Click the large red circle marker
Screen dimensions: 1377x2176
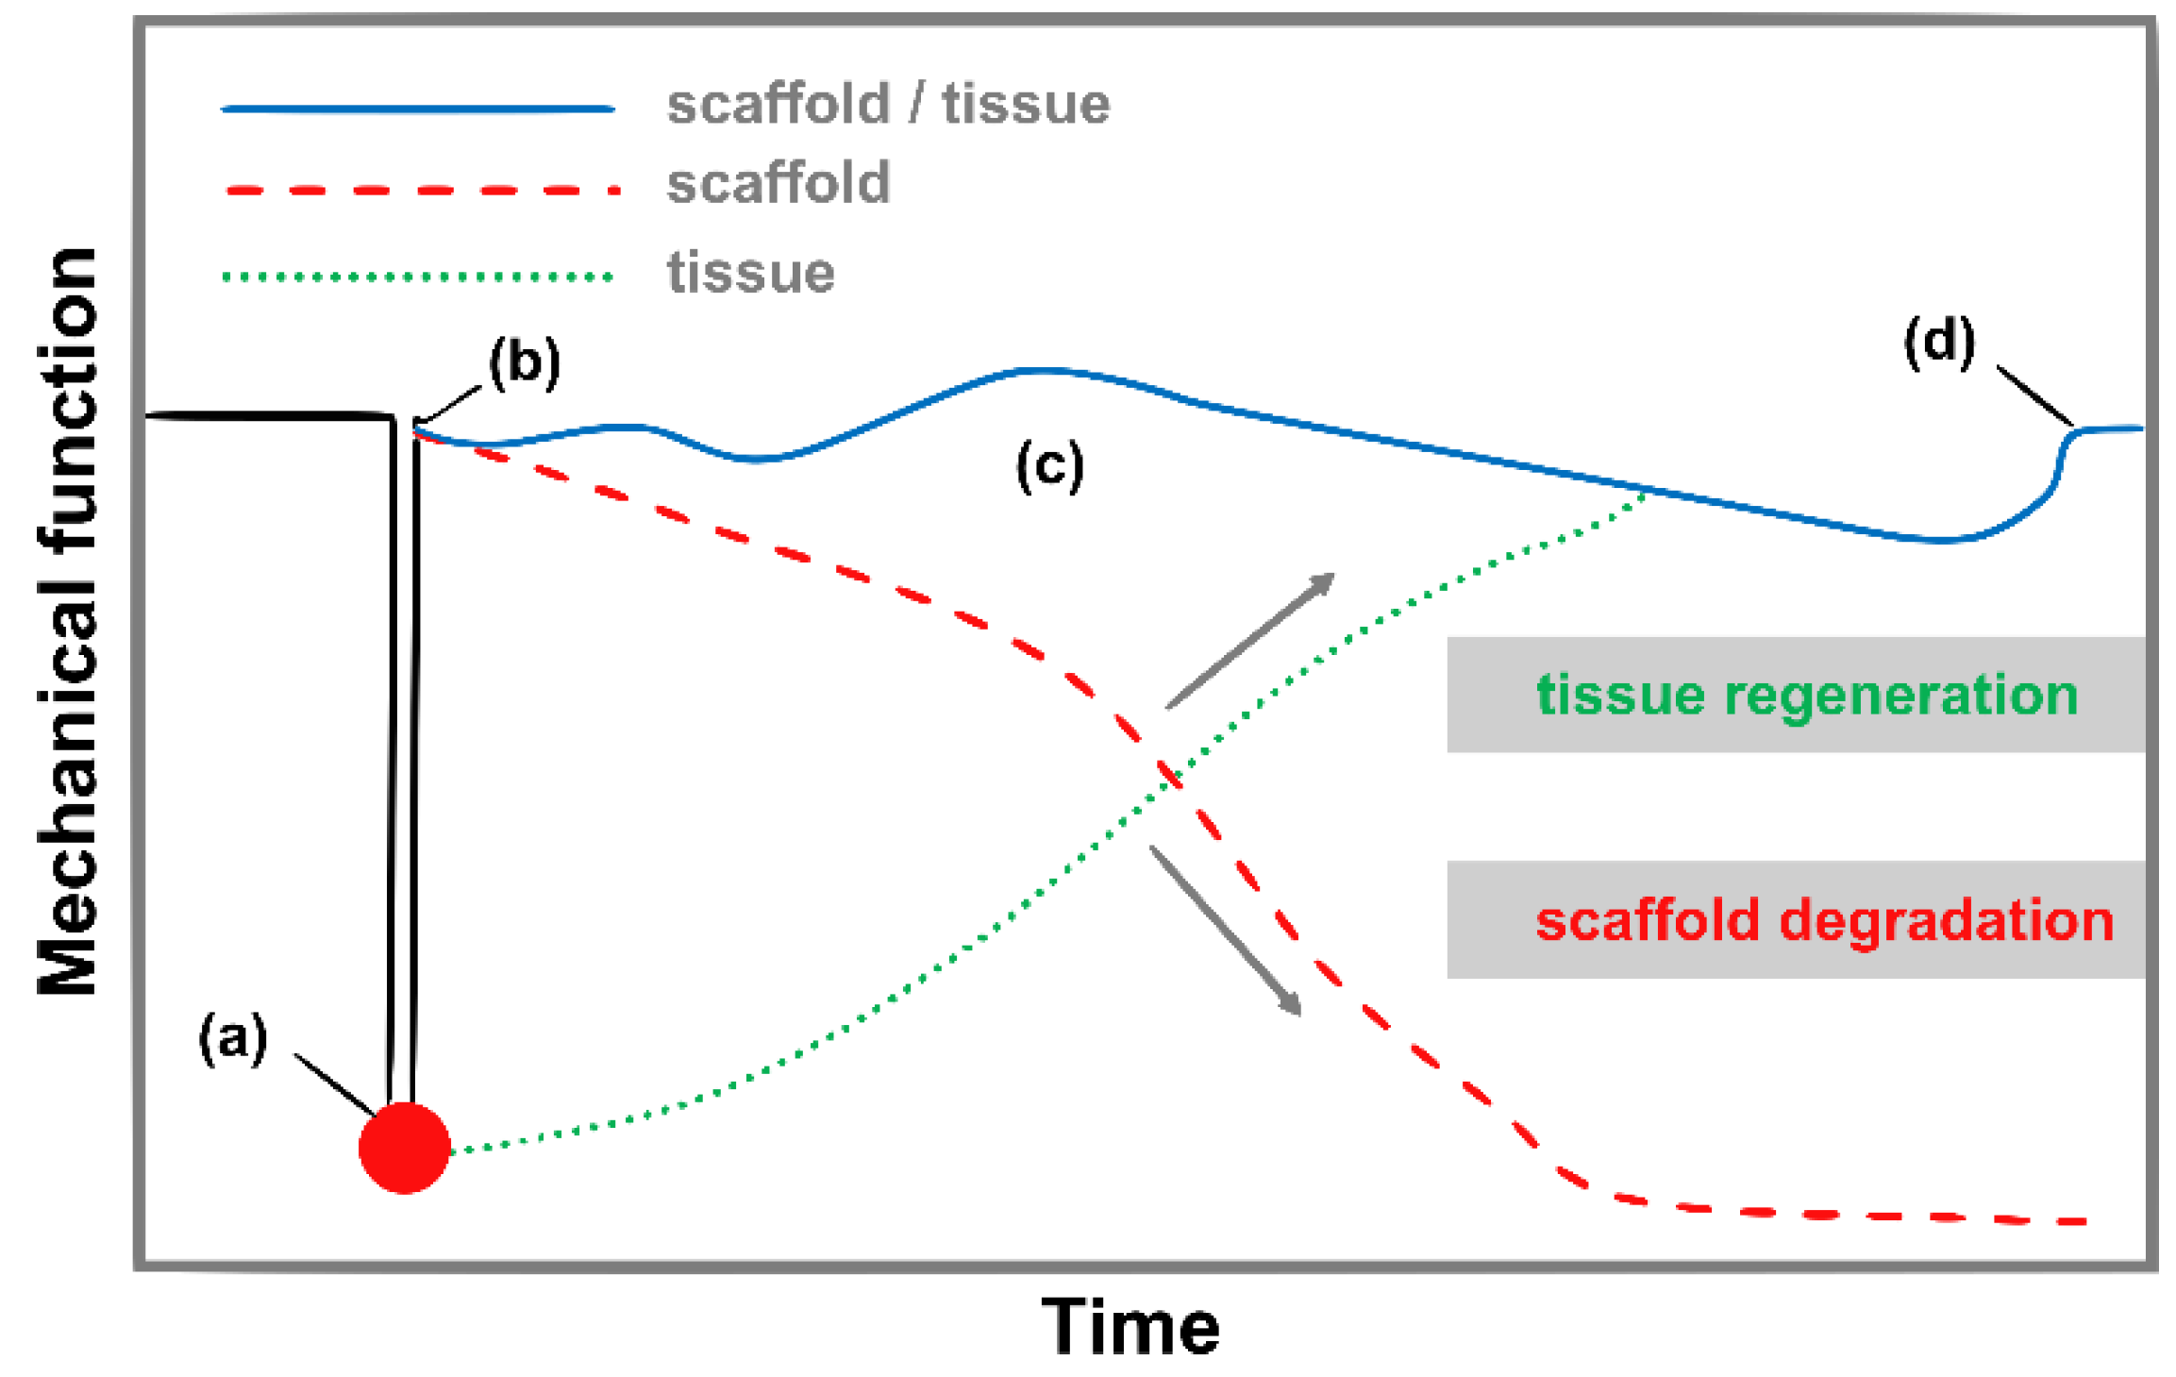pyautogui.click(x=405, y=1147)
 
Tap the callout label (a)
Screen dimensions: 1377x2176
pyautogui.click(x=233, y=1037)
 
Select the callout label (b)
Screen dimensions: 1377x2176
pyautogui.click(x=525, y=362)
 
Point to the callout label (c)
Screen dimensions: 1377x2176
pyautogui.click(x=1049, y=465)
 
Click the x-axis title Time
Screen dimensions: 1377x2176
pyautogui.click(x=1130, y=1327)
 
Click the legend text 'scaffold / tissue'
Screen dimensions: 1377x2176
pyautogui.click(x=888, y=104)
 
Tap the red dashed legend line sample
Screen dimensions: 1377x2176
pyautogui.click(x=421, y=191)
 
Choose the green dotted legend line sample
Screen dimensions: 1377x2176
pyautogui.click(x=418, y=277)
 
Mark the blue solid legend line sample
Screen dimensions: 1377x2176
pyautogui.click(x=418, y=109)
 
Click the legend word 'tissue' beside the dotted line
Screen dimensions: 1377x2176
pyautogui.click(x=750, y=274)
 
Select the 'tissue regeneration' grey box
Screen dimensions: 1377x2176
pyautogui.click(x=1795, y=695)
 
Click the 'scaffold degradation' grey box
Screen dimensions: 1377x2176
pyautogui.click(x=1795, y=919)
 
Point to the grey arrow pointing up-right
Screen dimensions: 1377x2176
pyautogui.click(x=1250, y=640)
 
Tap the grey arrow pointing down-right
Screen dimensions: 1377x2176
pyautogui.click(x=1225, y=930)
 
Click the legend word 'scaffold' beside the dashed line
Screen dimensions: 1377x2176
pyautogui.click(x=778, y=183)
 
